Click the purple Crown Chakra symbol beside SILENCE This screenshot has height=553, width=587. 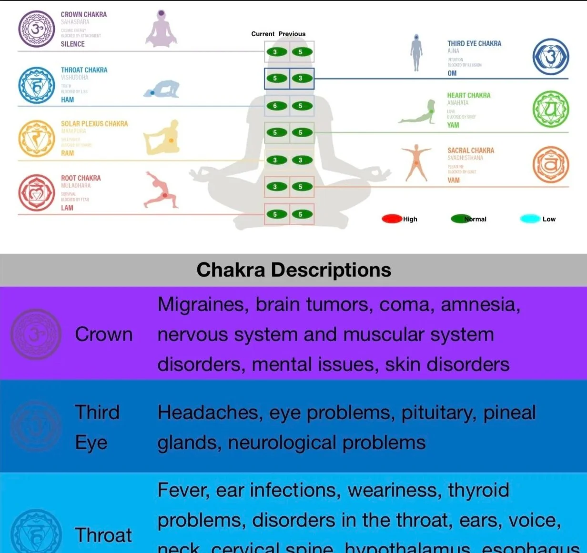37,29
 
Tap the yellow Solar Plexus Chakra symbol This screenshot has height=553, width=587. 37,139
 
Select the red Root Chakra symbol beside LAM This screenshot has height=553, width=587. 37,193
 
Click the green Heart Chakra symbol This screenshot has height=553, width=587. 551,109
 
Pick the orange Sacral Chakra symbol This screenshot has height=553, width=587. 551,165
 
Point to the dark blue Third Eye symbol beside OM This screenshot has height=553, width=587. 551,57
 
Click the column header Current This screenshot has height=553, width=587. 263,34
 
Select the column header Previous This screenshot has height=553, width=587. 292,34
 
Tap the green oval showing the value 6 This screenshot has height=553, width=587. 275,106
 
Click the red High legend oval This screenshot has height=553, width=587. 392,219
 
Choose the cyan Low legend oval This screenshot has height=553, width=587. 530,219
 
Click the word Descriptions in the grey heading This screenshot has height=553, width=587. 331,270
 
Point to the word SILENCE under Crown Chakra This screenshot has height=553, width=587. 72,44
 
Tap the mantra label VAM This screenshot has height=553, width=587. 454,180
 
